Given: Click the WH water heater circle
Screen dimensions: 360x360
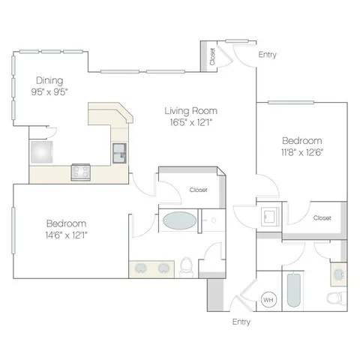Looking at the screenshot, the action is [268, 299].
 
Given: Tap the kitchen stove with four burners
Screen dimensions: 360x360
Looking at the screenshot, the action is [81, 172].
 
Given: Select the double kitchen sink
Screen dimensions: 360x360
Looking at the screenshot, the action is [119, 153].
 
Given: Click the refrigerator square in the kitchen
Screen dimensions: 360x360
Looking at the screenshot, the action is [42, 152].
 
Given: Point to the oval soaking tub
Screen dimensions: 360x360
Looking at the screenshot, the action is [179, 220].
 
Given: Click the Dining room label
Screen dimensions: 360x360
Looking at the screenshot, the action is [49, 80].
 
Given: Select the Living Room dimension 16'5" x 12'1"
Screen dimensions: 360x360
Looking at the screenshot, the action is [191, 122].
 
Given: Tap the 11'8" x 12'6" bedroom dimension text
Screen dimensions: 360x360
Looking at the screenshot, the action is [302, 152].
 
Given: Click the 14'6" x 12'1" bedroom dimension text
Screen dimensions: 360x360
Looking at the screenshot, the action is [66, 235].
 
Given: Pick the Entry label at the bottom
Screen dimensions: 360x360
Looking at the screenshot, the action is [241, 322].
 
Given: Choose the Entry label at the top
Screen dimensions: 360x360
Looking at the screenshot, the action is [267, 55].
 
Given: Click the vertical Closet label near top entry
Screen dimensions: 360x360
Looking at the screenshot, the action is [212, 56].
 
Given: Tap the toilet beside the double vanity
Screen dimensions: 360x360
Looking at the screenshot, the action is [186, 267].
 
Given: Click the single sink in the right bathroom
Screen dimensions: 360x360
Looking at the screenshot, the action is [339, 274].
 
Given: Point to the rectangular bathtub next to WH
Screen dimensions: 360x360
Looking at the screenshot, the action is [294, 290].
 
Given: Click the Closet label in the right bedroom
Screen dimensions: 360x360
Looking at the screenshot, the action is [322, 218].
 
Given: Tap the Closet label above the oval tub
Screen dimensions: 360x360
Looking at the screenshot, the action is [199, 190].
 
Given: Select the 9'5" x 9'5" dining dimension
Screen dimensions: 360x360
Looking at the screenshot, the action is [49, 92].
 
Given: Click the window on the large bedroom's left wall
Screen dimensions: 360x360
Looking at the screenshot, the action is [13, 231].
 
